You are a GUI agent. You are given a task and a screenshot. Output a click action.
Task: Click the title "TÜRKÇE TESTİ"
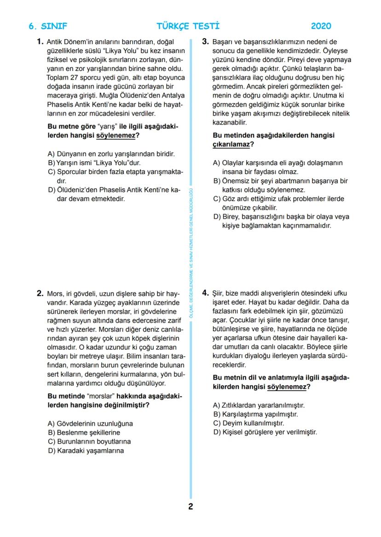(188, 26)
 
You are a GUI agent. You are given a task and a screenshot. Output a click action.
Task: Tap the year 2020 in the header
(321, 26)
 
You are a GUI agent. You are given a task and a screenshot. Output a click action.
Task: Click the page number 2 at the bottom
(190, 507)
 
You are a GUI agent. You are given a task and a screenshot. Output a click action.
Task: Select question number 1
(40, 42)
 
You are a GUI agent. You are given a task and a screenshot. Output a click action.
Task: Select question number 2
(40, 293)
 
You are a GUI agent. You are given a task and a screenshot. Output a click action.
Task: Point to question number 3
(206, 42)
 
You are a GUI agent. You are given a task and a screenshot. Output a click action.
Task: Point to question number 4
(206, 293)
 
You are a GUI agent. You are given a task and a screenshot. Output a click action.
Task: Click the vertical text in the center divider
(190, 258)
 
